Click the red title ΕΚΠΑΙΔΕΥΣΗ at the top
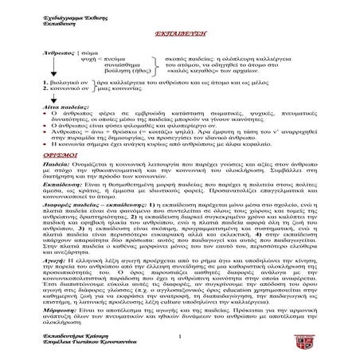179,37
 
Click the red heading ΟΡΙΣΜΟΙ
179,158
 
